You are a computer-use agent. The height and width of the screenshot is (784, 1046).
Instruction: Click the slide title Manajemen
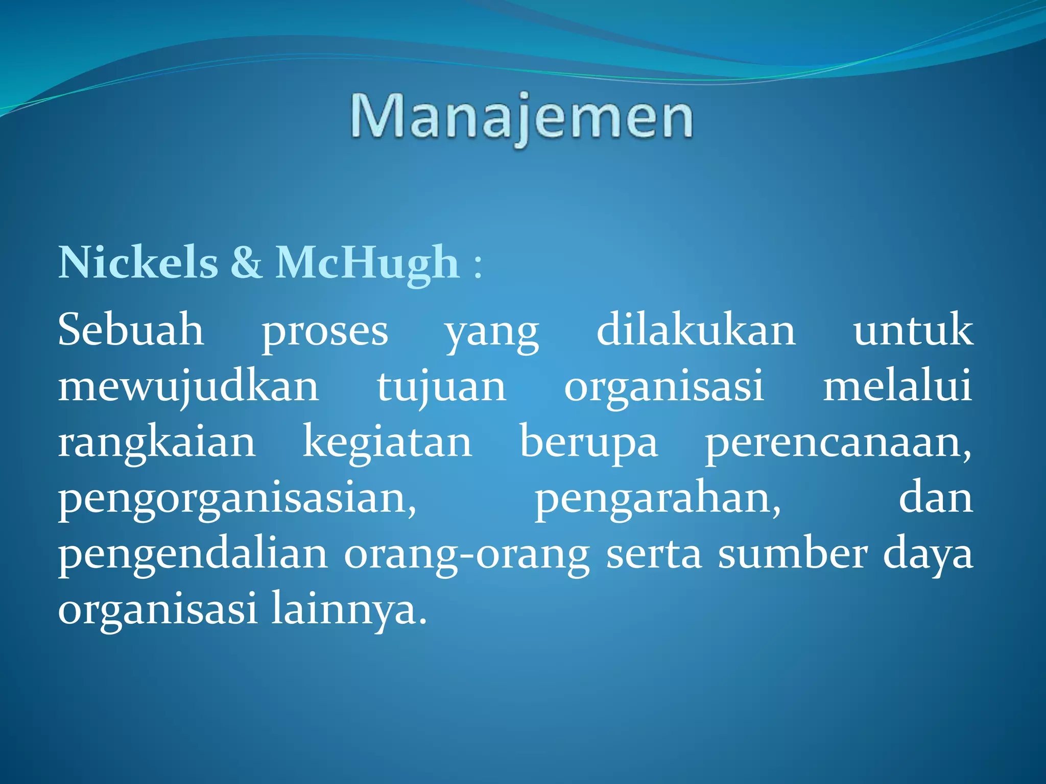coord(521,118)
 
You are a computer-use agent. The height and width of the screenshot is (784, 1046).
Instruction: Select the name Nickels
coord(138,262)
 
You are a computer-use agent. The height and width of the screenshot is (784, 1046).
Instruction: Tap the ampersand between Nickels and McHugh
coord(247,262)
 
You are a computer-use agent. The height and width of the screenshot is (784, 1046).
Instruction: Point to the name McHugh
coord(367,262)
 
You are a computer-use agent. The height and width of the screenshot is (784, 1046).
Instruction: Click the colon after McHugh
coord(478,265)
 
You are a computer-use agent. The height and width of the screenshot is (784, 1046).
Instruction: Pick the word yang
coord(492,334)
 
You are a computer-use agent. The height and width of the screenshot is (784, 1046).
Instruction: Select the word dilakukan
coord(696,330)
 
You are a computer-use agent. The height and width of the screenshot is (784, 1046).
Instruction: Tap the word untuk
coord(913,331)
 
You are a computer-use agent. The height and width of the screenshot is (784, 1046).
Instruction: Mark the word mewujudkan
coord(188,387)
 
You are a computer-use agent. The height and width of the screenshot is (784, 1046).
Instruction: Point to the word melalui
coord(897,386)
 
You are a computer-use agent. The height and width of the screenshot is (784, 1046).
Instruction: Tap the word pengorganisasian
coord(237,499)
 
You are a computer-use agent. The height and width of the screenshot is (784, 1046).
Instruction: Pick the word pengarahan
coord(657,499)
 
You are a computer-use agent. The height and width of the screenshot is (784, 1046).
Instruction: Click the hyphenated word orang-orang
coord(467,555)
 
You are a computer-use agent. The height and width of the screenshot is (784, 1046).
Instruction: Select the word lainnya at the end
coord(348,610)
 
